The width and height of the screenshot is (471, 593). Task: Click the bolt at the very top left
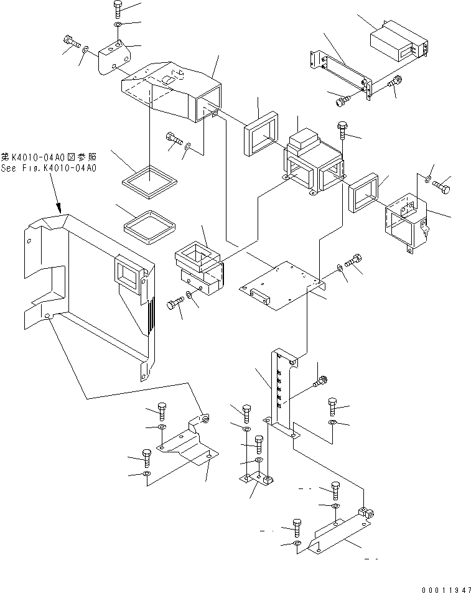click(118, 9)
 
